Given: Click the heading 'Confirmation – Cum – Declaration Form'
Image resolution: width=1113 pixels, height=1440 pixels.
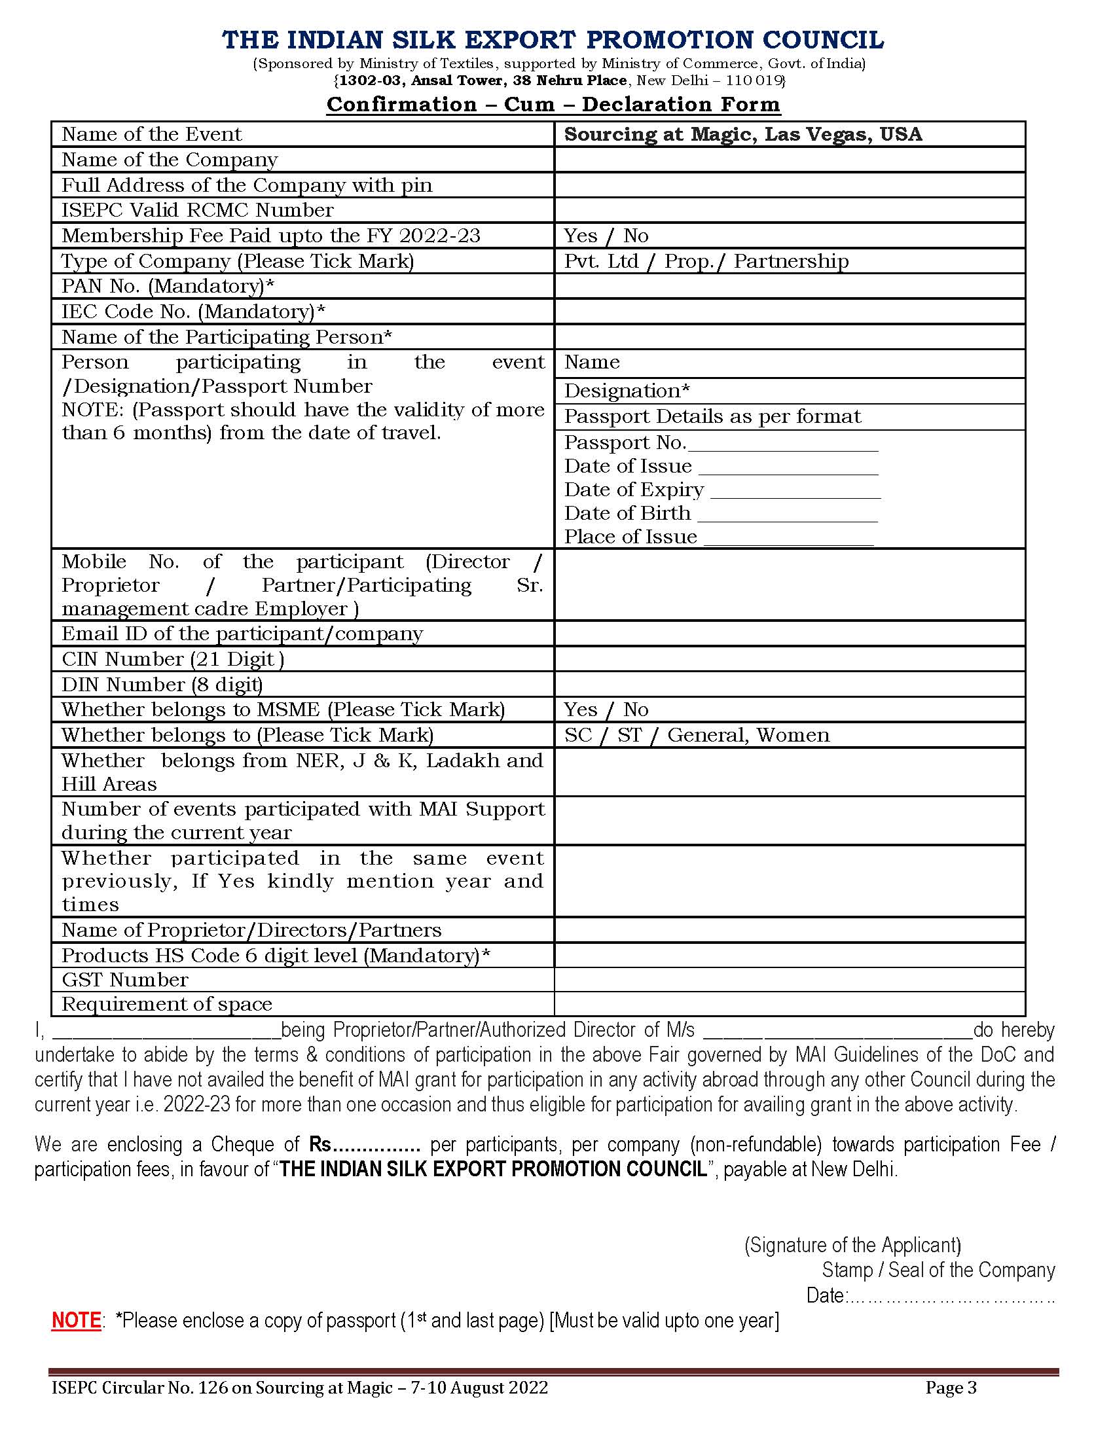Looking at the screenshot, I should [553, 104].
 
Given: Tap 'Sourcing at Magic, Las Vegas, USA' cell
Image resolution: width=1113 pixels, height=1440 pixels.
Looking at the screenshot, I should [742, 134].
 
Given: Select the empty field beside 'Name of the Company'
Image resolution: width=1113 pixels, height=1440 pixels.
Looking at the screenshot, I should [790, 160].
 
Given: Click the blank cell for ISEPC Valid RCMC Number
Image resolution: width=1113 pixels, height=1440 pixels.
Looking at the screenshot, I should [790, 210].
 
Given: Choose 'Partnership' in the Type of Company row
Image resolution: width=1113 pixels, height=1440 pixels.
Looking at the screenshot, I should [792, 262].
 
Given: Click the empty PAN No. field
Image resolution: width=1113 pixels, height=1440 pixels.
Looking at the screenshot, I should [790, 287].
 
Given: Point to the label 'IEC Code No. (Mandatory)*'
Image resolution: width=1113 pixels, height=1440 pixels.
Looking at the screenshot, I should [194, 312].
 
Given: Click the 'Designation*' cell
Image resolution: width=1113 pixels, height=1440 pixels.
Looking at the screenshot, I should [627, 391].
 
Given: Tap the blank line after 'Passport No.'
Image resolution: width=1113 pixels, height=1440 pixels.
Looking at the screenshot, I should [782, 444].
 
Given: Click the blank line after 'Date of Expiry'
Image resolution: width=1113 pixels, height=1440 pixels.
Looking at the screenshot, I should [795, 491].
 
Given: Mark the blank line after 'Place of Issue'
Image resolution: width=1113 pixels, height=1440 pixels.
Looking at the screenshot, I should [789, 538].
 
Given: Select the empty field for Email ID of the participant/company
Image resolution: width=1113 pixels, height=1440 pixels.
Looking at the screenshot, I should [790, 634].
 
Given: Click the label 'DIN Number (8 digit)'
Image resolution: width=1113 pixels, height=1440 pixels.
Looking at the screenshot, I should [162, 685].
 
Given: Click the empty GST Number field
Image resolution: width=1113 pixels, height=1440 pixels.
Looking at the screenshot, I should [790, 981].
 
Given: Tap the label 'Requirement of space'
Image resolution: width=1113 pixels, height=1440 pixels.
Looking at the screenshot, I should [167, 1005].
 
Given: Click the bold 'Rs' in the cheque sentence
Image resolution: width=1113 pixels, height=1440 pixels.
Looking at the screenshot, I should [320, 1145].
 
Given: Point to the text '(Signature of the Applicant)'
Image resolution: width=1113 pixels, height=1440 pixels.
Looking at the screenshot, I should [852, 1246].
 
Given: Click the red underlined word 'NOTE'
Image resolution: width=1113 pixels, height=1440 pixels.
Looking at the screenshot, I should [76, 1321].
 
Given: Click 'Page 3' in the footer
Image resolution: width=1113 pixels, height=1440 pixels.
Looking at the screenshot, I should [951, 1388].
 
